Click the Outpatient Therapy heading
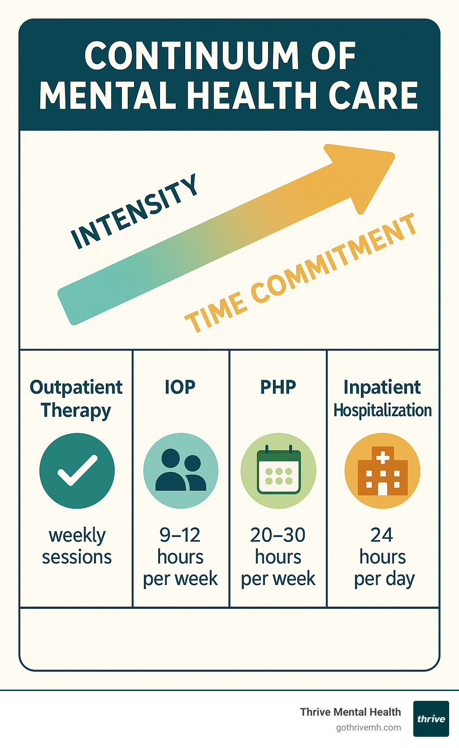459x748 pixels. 76,398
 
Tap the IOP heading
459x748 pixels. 180,387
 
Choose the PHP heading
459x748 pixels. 278,387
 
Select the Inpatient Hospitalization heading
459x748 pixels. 382,398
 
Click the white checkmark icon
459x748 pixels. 77,470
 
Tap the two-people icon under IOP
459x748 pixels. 181,471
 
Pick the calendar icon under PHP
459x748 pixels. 278,471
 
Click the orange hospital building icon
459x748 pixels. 382,471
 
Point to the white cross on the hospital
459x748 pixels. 382,458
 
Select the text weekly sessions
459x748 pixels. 77,546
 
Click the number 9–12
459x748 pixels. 180,535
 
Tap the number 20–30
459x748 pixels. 278,535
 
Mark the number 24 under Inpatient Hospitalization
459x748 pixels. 382,535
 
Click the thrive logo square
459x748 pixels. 431,719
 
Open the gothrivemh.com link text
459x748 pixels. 368,728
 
